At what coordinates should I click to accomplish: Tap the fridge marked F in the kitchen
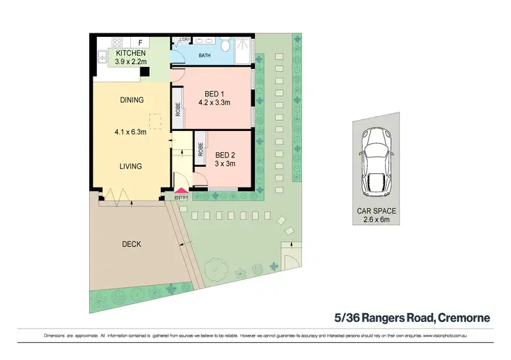pyautogui.click(x=140, y=42)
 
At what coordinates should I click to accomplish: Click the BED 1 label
pyautogui.click(x=215, y=95)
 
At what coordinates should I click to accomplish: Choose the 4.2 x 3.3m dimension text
pyautogui.click(x=215, y=104)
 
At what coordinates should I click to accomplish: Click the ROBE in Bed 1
pyautogui.click(x=178, y=110)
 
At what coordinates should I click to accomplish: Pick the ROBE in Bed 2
pyautogui.click(x=201, y=150)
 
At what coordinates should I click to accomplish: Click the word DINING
pyautogui.click(x=131, y=100)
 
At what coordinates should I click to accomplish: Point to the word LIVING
pyautogui.click(x=131, y=166)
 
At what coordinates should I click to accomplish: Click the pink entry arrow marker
pyautogui.click(x=181, y=192)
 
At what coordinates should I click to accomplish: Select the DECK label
pyautogui.click(x=131, y=243)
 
